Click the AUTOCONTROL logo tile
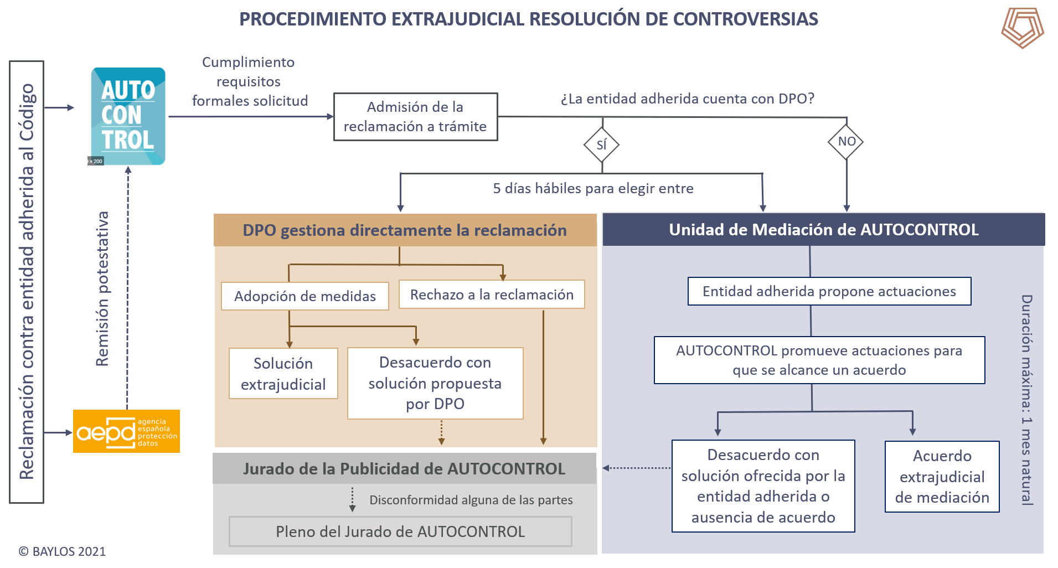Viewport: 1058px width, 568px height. coord(128,116)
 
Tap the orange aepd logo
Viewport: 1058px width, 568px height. coord(126,431)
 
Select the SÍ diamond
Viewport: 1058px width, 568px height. coord(602,145)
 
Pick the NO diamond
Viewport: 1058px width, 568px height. coord(847,142)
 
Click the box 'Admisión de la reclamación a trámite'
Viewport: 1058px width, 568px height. coord(415,117)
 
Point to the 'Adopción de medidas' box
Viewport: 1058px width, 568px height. coord(305,296)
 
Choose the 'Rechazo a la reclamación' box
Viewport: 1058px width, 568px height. coord(492,295)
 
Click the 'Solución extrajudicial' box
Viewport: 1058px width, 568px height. coord(283,374)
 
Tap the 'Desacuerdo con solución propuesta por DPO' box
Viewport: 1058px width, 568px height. coord(435,383)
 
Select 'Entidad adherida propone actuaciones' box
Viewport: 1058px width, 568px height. coord(829,291)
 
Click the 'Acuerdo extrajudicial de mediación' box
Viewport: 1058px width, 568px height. coord(942,477)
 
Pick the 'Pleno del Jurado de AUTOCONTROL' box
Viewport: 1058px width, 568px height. coord(400,531)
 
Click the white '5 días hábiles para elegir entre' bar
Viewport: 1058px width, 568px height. coord(593,188)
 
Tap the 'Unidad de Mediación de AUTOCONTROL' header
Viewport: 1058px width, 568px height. coord(823,230)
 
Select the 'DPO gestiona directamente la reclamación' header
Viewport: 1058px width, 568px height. coord(405,230)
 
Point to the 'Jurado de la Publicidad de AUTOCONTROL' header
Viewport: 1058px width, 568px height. coord(404,469)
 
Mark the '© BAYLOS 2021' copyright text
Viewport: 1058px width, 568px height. coord(62,551)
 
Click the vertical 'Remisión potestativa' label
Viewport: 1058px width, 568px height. coord(102,288)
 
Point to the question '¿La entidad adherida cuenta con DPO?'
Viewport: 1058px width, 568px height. coord(688,99)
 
